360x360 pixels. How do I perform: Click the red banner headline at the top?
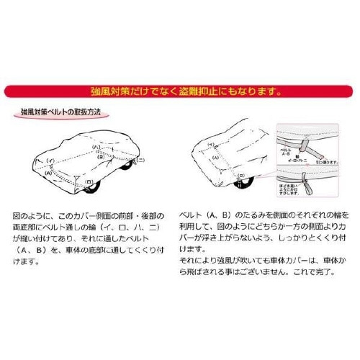coord(180,91)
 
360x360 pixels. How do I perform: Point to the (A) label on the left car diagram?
coord(48,174)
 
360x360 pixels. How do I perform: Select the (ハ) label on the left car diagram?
coord(95,146)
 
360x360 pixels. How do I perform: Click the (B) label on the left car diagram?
coord(101,156)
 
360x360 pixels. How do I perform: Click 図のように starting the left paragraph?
coord(29,216)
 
